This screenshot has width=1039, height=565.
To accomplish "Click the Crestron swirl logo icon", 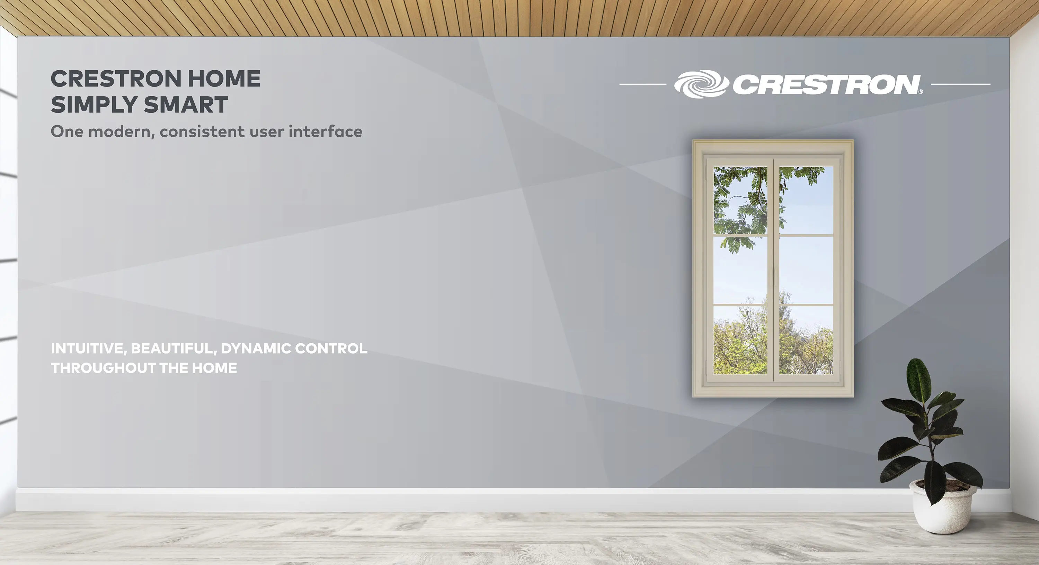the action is coord(701,84).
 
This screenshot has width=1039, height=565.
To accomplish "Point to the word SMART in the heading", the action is coord(186,105).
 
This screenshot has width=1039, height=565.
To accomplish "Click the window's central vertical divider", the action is coord(773,270).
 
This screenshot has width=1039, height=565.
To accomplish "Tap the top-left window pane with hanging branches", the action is coord(740,200).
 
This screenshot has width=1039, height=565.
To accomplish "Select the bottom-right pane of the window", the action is coord(806,340).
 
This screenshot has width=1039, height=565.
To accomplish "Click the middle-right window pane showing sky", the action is coord(806,270).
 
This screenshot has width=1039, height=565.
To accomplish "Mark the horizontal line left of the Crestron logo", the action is coord(642,84).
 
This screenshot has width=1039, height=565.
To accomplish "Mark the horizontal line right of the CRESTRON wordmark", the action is coord(960,84).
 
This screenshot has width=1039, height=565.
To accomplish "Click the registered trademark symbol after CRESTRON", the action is coord(921,92).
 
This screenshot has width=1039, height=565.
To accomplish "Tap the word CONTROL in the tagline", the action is coord(331,349).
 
